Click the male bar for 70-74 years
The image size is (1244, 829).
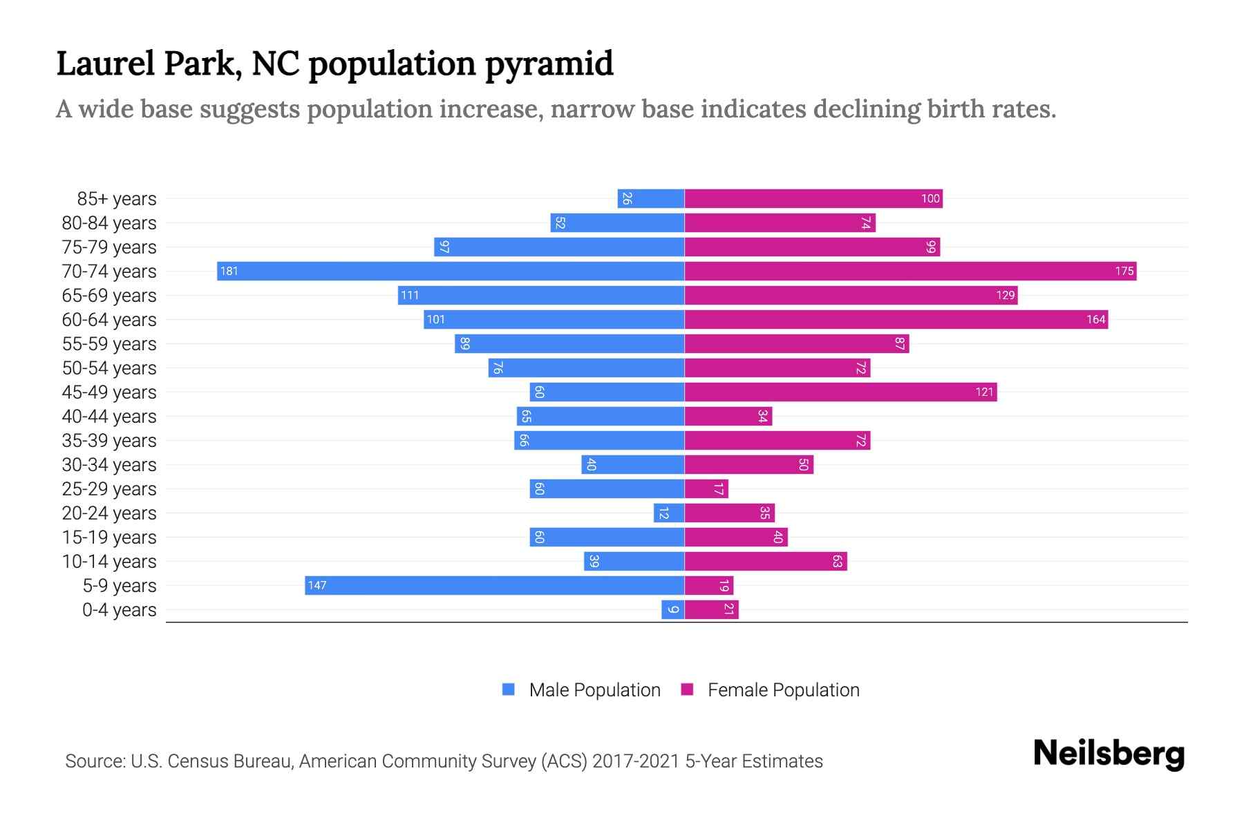(x=451, y=271)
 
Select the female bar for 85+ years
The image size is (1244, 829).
(x=813, y=198)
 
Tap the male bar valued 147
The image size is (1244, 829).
(x=494, y=585)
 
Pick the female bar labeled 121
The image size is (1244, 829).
(x=840, y=392)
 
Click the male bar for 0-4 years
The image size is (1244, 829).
(x=672, y=609)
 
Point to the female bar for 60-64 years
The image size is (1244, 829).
(x=896, y=319)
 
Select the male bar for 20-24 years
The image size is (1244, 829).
(x=669, y=513)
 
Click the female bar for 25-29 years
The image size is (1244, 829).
(x=706, y=488)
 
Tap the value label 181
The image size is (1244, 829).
(x=229, y=271)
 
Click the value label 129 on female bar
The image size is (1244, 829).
(x=1005, y=295)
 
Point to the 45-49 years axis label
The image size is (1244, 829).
(x=109, y=392)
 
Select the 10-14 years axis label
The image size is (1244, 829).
(x=109, y=561)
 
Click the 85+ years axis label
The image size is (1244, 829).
(x=117, y=198)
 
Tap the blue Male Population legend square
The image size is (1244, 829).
(x=509, y=689)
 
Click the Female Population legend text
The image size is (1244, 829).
(x=783, y=689)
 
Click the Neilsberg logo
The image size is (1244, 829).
(x=1109, y=754)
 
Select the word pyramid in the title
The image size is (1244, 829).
(x=549, y=64)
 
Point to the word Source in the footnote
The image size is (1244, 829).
(x=94, y=761)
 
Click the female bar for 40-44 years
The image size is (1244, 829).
(x=728, y=416)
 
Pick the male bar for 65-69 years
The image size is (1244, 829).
(x=541, y=295)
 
